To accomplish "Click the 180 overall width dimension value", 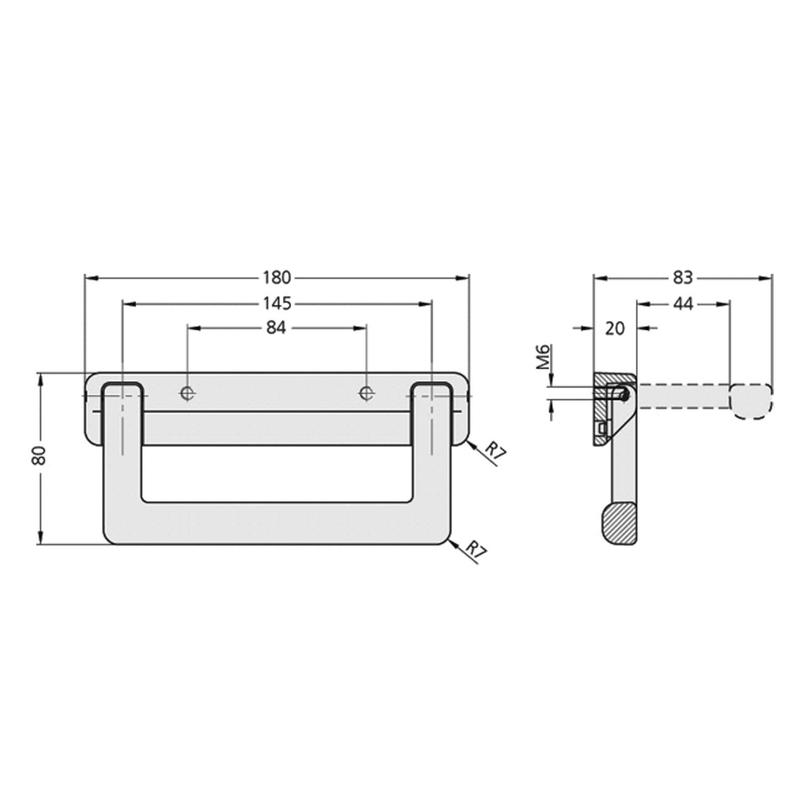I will click(x=276, y=277).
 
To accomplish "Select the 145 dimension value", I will click(x=276, y=303).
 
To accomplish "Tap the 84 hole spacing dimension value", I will click(x=276, y=328).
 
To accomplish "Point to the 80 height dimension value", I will click(x=40, y=456).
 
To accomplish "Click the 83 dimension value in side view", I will click(x=682, y=277).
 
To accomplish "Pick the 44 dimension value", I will click(x=683, y=304).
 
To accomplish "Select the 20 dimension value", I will click(x=616, y=328).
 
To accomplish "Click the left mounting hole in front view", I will click(x=188, y=392).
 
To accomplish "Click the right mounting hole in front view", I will click(x=366, y=392).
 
